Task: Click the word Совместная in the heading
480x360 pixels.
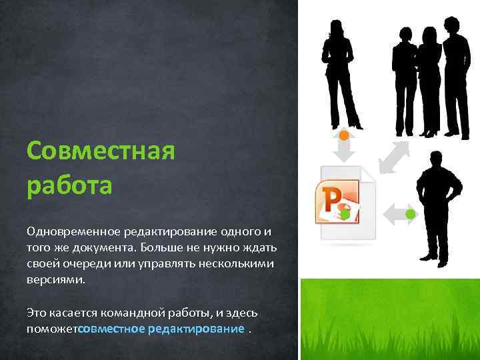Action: (100, 151)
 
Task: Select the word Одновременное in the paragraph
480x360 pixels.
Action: (72, 232)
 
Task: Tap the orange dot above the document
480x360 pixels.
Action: (343, 135)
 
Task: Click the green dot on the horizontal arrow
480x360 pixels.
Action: (411, 214)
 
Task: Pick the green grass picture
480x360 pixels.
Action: (389, 319)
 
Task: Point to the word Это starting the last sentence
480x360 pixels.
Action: (35, 312)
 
